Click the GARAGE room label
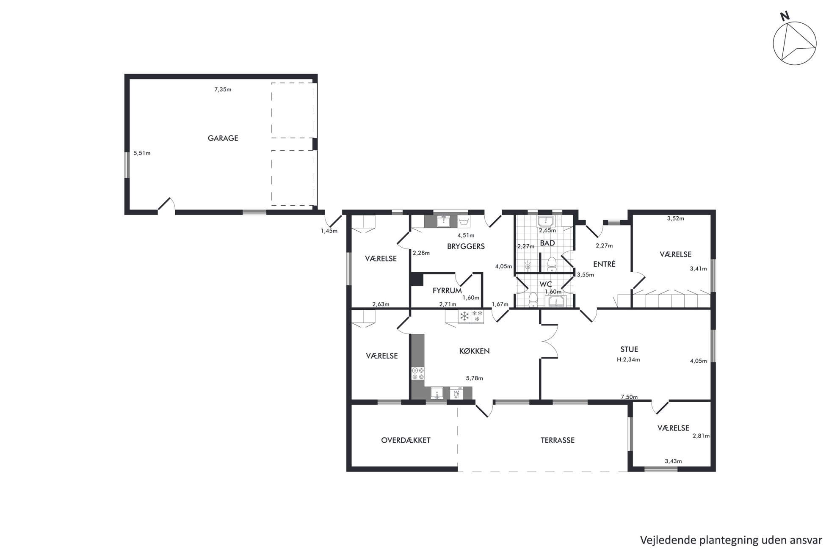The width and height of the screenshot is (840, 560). [x=223, y=138]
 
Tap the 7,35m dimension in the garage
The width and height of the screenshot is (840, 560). [x=223, y=89]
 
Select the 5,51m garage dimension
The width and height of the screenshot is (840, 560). [x=142, y=153]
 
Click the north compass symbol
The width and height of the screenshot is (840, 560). [x=794, y=42]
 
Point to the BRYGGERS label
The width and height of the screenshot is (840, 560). [x=466, y=246]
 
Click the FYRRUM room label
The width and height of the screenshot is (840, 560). [x=447, y=291]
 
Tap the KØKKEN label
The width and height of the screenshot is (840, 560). [x=474, y=351]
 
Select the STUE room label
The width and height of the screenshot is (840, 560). [x=629, y=350]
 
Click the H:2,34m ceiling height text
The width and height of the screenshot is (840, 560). [x=628, y=360]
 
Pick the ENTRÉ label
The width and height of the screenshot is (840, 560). [x=604, y=264]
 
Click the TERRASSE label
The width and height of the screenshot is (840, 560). [x=557, y=440]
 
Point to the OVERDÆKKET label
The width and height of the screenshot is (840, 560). [x=406, y=440]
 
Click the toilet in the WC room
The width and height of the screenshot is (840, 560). [x=533, y=299]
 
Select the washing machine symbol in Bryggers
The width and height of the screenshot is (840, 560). [x=464, y=222]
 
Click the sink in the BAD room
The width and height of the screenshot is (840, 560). [x=547, y=221]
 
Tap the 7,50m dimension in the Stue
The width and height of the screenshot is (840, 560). [x=629, y=397]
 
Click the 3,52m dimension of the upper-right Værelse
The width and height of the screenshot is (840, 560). [x=676, y=219]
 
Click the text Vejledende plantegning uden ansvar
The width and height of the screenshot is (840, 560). [x=731, y=540]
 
